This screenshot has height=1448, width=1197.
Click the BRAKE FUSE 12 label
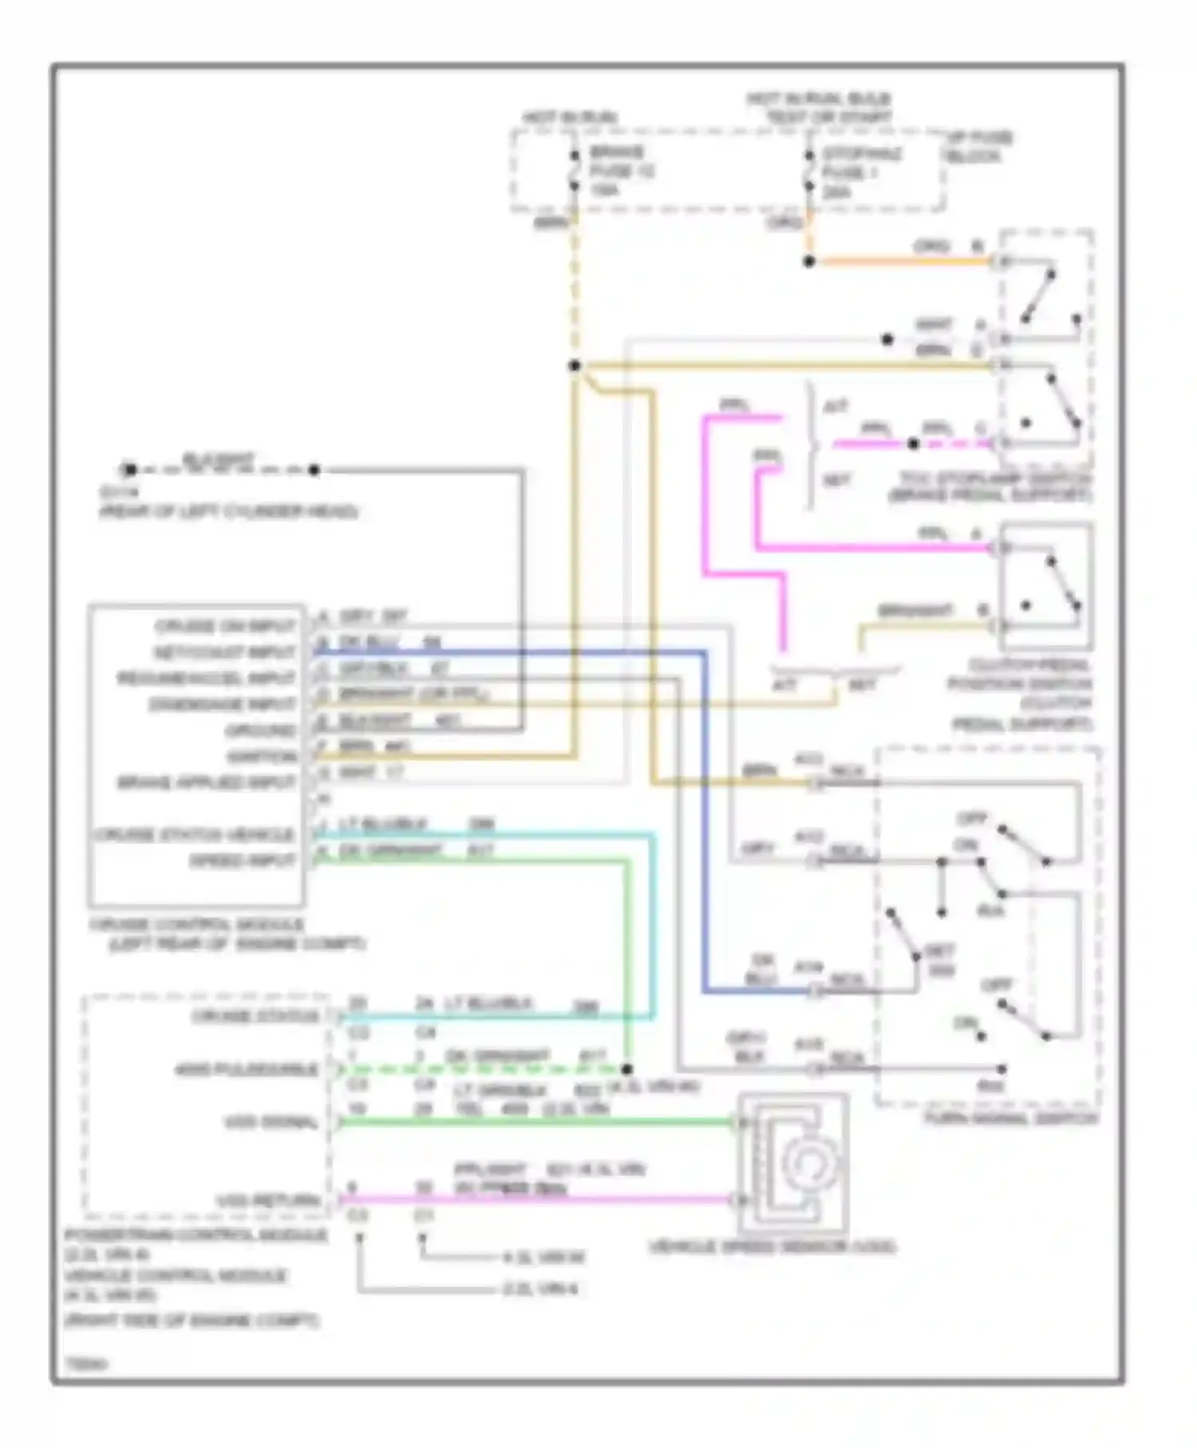(x=621, y=171)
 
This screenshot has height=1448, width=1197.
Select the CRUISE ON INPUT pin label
(x=225, y=626)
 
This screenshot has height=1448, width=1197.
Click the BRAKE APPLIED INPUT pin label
(x=207, y=783)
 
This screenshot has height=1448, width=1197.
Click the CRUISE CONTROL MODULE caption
(x=196, y=924)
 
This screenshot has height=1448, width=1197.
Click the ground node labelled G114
(x=129, y=470)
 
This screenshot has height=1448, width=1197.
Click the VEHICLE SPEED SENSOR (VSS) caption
(x=772, y=1247)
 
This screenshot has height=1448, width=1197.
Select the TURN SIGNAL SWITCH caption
(x=1010, y=1118)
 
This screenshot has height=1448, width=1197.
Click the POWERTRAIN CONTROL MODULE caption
(x=196, y=1236)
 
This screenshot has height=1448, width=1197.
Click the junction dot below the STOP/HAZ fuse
(x=808, y=261)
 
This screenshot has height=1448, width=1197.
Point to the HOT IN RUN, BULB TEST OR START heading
(x=819, y=109)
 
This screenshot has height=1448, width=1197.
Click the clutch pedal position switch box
(x=1045, y=588)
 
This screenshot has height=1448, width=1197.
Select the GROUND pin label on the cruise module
(x=260, y=730)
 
